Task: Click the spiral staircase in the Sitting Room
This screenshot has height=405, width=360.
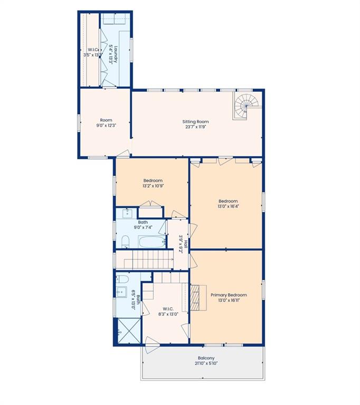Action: click(245, 106)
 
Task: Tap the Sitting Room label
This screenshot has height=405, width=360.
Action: click(195, 122)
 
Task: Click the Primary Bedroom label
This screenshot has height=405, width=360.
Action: click(229, 295)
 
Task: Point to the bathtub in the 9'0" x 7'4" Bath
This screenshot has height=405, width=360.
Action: click(152, 242)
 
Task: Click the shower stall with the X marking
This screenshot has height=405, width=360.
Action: click(129, 331)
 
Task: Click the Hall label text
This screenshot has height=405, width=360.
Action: click(186, 244)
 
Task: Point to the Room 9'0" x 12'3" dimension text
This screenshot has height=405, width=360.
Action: click(106, 126)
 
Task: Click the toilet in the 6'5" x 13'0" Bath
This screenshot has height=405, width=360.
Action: click(122, 279)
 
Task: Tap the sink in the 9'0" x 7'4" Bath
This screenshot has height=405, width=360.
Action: click(127, 214)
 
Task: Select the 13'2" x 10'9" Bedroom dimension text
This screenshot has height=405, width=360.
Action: click(153, 186)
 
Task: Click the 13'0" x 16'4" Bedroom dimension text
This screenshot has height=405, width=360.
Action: click(228, 206)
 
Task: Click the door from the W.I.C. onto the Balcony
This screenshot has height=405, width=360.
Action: click(153, 345)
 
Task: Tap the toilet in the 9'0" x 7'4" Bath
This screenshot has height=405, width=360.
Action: click(126, 242)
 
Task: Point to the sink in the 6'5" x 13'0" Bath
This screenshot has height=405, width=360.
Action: click(121, 292)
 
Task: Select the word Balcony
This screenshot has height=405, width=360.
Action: click(206, 358)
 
